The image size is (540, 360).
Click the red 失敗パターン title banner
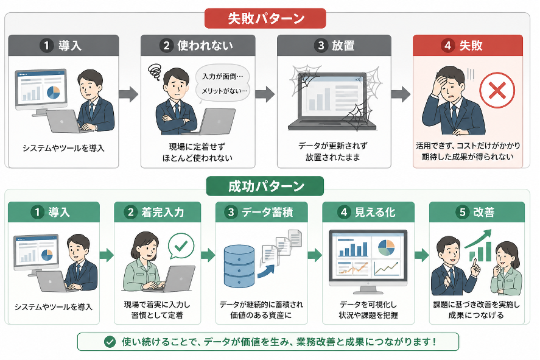pos(265,18)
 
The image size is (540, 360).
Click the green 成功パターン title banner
pos(265,186)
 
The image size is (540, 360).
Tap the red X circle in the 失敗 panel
pos(497,91)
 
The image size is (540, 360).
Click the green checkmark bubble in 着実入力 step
pos(181,245)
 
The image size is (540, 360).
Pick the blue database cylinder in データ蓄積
pos(239,266)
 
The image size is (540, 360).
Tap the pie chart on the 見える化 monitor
pos(386,247)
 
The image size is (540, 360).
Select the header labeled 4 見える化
pos(368,213)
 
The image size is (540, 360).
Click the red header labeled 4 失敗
pos(468,46)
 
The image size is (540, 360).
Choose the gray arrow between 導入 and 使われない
pos(128,94)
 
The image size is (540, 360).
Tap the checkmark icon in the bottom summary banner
pos(110,342)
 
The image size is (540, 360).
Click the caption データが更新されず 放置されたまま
pos(334,152)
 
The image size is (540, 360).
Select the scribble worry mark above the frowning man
pos(155,72)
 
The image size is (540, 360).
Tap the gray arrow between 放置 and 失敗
pos(400,94)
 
